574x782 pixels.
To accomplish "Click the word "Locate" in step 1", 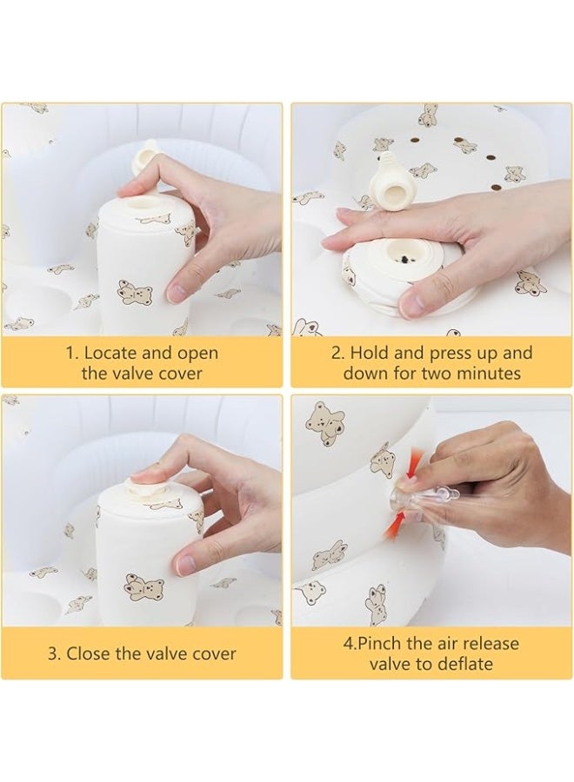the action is coord(110,353).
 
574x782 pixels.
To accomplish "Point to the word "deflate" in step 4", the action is coord(465,664).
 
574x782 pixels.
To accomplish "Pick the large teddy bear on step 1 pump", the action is coord(135,294).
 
